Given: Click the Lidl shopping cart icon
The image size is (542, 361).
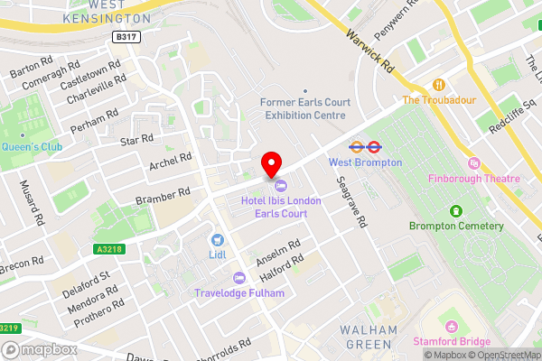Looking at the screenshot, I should [x=218, y=240].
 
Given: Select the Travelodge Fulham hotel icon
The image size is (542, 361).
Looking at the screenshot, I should [x=239, y=278].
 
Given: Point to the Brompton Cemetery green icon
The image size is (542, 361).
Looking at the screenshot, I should [x=457, y=211].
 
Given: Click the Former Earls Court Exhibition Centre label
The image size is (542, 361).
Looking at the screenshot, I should [x=303, y=109].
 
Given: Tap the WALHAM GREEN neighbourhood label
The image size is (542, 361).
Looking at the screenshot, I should [x=368, y=337].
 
